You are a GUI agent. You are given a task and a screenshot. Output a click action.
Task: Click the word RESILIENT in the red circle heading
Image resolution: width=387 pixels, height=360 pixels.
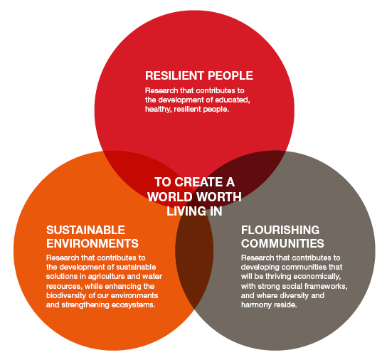pos(174,75)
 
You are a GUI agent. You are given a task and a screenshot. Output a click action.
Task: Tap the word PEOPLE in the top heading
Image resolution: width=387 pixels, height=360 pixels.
pos(230,75)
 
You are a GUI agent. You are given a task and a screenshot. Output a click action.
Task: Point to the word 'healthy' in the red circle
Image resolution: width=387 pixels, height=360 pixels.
pos(158,110)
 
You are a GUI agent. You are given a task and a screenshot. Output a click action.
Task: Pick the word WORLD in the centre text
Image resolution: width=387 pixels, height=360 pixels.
pos(170,197)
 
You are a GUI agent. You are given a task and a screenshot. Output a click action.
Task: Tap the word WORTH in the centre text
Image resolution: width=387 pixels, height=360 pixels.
pos(219,197)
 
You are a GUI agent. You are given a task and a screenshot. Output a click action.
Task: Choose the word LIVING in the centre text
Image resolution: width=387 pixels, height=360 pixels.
pos(186,211)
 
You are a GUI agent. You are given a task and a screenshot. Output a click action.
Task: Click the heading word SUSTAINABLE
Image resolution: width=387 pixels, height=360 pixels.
pos(85,230)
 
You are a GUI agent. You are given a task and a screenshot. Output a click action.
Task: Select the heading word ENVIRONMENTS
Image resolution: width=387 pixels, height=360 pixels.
pos(92,244)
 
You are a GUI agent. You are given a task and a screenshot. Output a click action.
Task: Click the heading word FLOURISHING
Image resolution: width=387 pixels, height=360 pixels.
pos(280,230)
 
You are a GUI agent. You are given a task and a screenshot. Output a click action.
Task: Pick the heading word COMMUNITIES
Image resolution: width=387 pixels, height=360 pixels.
pos(282,244)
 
